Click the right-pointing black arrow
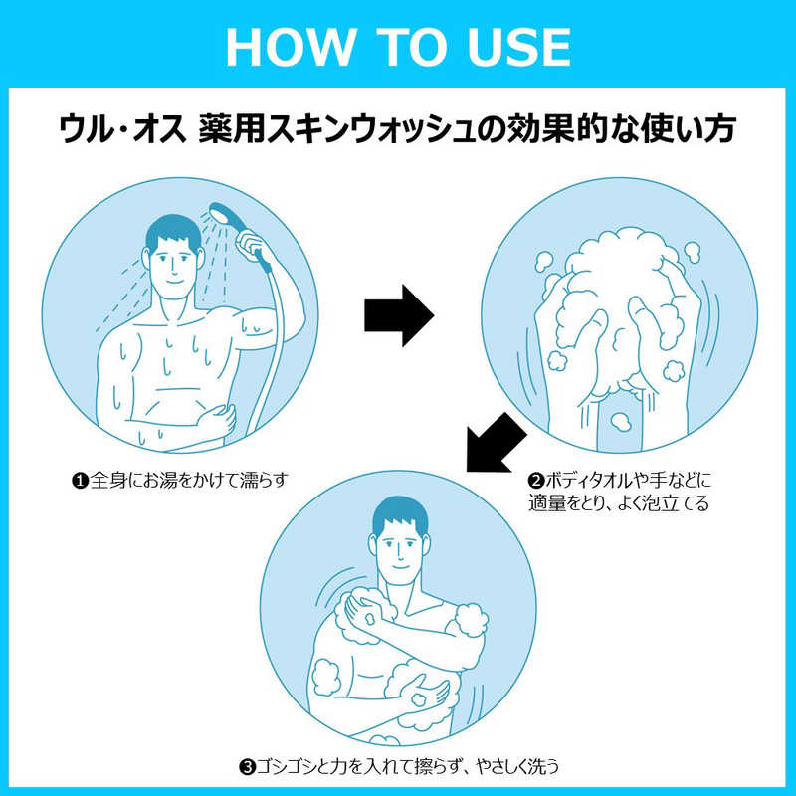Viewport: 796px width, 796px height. (x=399, y=315)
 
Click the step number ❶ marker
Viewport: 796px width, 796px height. (x=80, y=481)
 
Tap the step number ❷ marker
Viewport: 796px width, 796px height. (x=536, y=481)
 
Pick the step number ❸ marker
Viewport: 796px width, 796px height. (x=247, y=766)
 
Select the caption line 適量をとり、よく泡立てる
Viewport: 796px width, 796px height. (x=618, y=503)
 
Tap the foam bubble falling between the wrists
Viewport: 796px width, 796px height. (x=620, y=421)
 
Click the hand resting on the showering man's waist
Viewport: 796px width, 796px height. (x=217, y=420)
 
